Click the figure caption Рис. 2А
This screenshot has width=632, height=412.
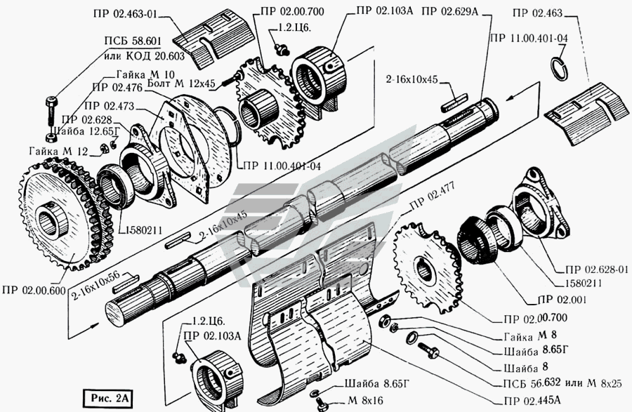click(112, 398)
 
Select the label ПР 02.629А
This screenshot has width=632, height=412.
click(450, 11)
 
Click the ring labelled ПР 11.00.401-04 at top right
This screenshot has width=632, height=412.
click(562, 68)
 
